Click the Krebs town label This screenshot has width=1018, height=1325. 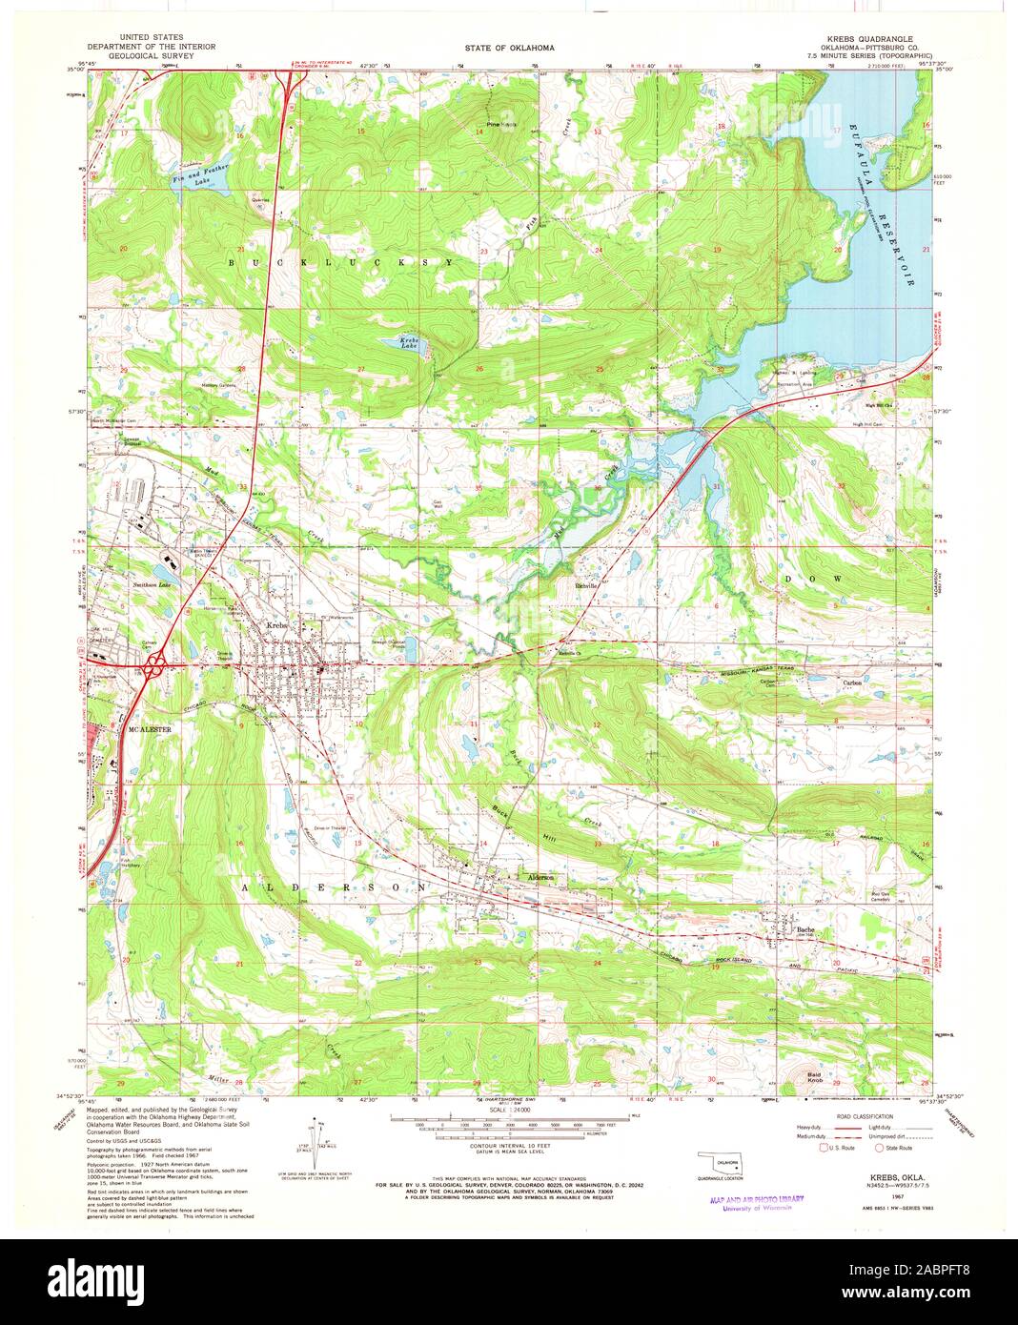click(x=276, y=624)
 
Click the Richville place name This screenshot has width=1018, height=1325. click(x=585, y=586)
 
